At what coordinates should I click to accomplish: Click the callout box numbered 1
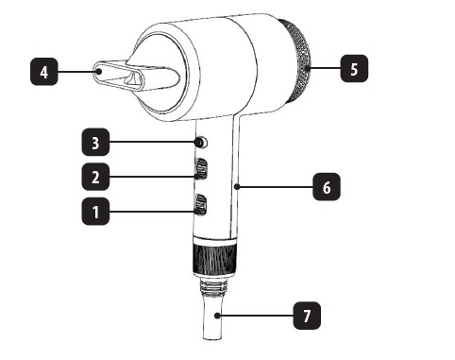(95, 212)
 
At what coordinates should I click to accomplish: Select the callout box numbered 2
(95, 177)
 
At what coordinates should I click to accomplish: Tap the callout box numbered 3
(95, 142)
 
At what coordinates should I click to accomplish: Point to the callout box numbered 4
(44, 72)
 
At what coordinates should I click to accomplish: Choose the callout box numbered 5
(354, 69)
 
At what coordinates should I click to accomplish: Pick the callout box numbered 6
(327, 186)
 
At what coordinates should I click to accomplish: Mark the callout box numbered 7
(307, 316)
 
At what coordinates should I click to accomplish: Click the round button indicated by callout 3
(201, 143)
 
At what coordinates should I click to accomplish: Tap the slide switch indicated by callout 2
(201, 169)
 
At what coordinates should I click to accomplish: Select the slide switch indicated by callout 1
(201, 205)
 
